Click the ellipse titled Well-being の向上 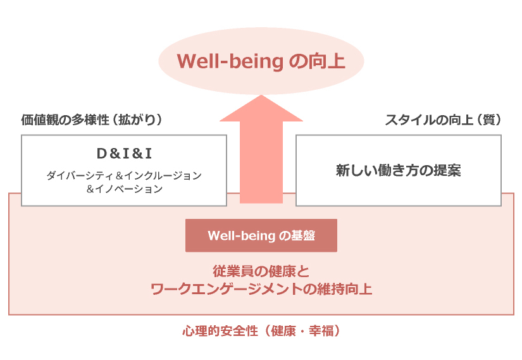pyautogui.click(x=261, y=61)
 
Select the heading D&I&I pyautogui.click(x=124, y=154)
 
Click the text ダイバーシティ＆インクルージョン pyautogui.click(x=124, y=175)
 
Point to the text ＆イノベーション pyautogui.click(x=124, y=189)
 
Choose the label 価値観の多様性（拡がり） pyautogui.click(x=92, y=120)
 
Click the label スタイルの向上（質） pyautogui.click(x=443, y=120)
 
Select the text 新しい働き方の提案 pyautogui.click(x=398, y=170)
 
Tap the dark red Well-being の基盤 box pyautogui.click(x=261, y=235)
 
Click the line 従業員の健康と pyautogui.click(x=261, y=271)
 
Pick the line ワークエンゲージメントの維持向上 pyautogui.click(x=261, y=289)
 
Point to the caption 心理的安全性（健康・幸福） pyautogui.click(x=261, y=331)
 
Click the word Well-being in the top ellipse pyautogui.click(x=230, y=61)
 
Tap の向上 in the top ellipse pyautogui.click(x=317, y=61)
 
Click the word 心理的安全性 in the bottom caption pyautogui.click(x=220, y=331)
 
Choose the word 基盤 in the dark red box pyautogui.click(x=303, y=235)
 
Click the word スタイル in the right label pyautogui.click(x=410, y=120)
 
